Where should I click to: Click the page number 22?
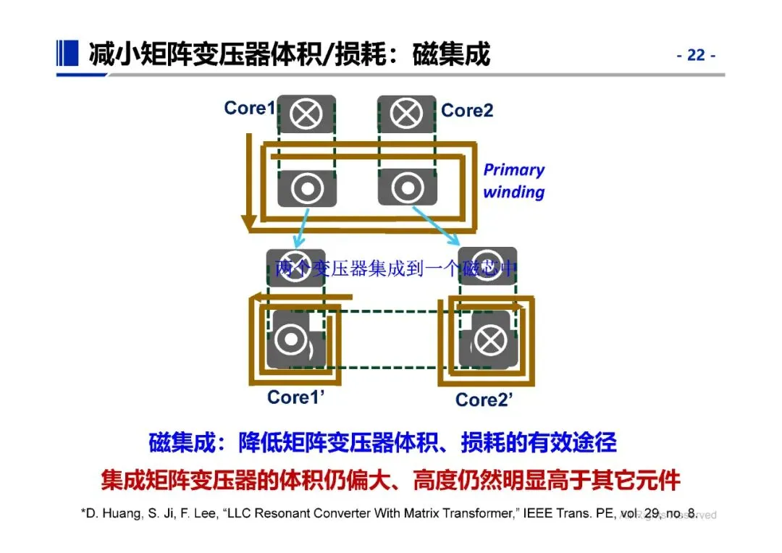click(x=696, y=56)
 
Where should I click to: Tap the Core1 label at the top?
click(x=250, y=109)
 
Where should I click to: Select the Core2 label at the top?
click(x=467, y=110)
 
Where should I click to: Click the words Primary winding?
click(x=514, y=181)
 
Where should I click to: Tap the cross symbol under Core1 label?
click(x=307, y=114)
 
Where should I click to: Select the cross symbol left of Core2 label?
click(x=407, y=114)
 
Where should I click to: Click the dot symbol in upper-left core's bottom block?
click(x=307, y=188)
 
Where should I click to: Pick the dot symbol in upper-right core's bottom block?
click(x=407, y=188)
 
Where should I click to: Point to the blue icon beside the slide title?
click(x=67, y=52)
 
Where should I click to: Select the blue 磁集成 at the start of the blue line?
click(x=182, y=442)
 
